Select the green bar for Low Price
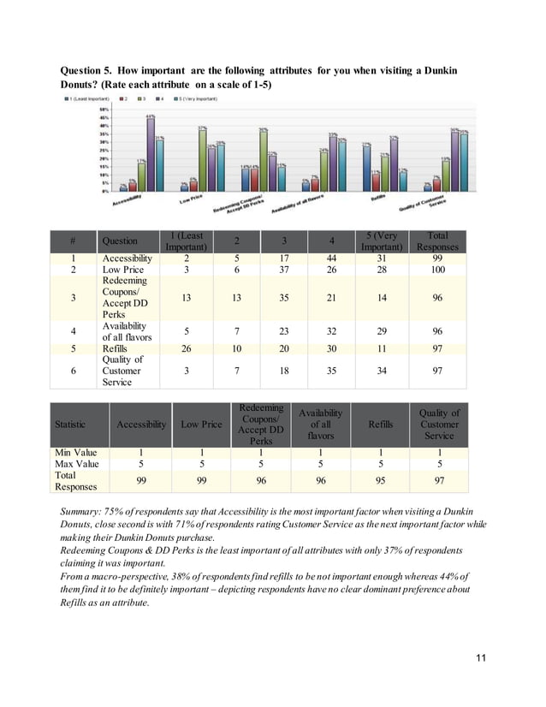202,159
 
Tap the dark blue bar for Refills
366,167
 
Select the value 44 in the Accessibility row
327,258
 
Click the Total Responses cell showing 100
437,269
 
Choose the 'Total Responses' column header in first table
437,241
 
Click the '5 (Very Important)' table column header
382,241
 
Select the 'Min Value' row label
76,451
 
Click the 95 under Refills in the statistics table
381,481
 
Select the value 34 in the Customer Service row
382,371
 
